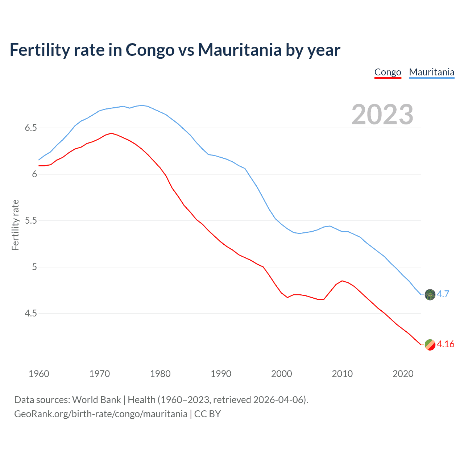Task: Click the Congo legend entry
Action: (388, 72)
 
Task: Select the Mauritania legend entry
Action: (431, 72)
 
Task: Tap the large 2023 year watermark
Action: (382, 115)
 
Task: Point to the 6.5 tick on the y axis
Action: (31, 128)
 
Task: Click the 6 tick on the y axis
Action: (34, 174)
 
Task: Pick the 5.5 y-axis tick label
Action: (31, 221)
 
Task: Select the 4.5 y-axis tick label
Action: (31, 314)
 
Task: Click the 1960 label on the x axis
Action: (39, 374)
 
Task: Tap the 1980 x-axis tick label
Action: (160, 374)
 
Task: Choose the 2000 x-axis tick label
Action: (281, 374)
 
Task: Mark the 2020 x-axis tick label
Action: (403, 374)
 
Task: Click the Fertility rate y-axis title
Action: (15, 225)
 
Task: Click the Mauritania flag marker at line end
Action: (430, 295)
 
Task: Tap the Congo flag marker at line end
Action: (430, 345)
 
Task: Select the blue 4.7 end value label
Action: (443, 294)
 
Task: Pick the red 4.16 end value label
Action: (446, 344)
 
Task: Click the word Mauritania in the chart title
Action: (240, 50)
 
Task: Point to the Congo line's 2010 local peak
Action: (342, 281)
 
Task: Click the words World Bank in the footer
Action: (96, 400)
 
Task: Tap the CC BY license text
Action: (207, 414)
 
